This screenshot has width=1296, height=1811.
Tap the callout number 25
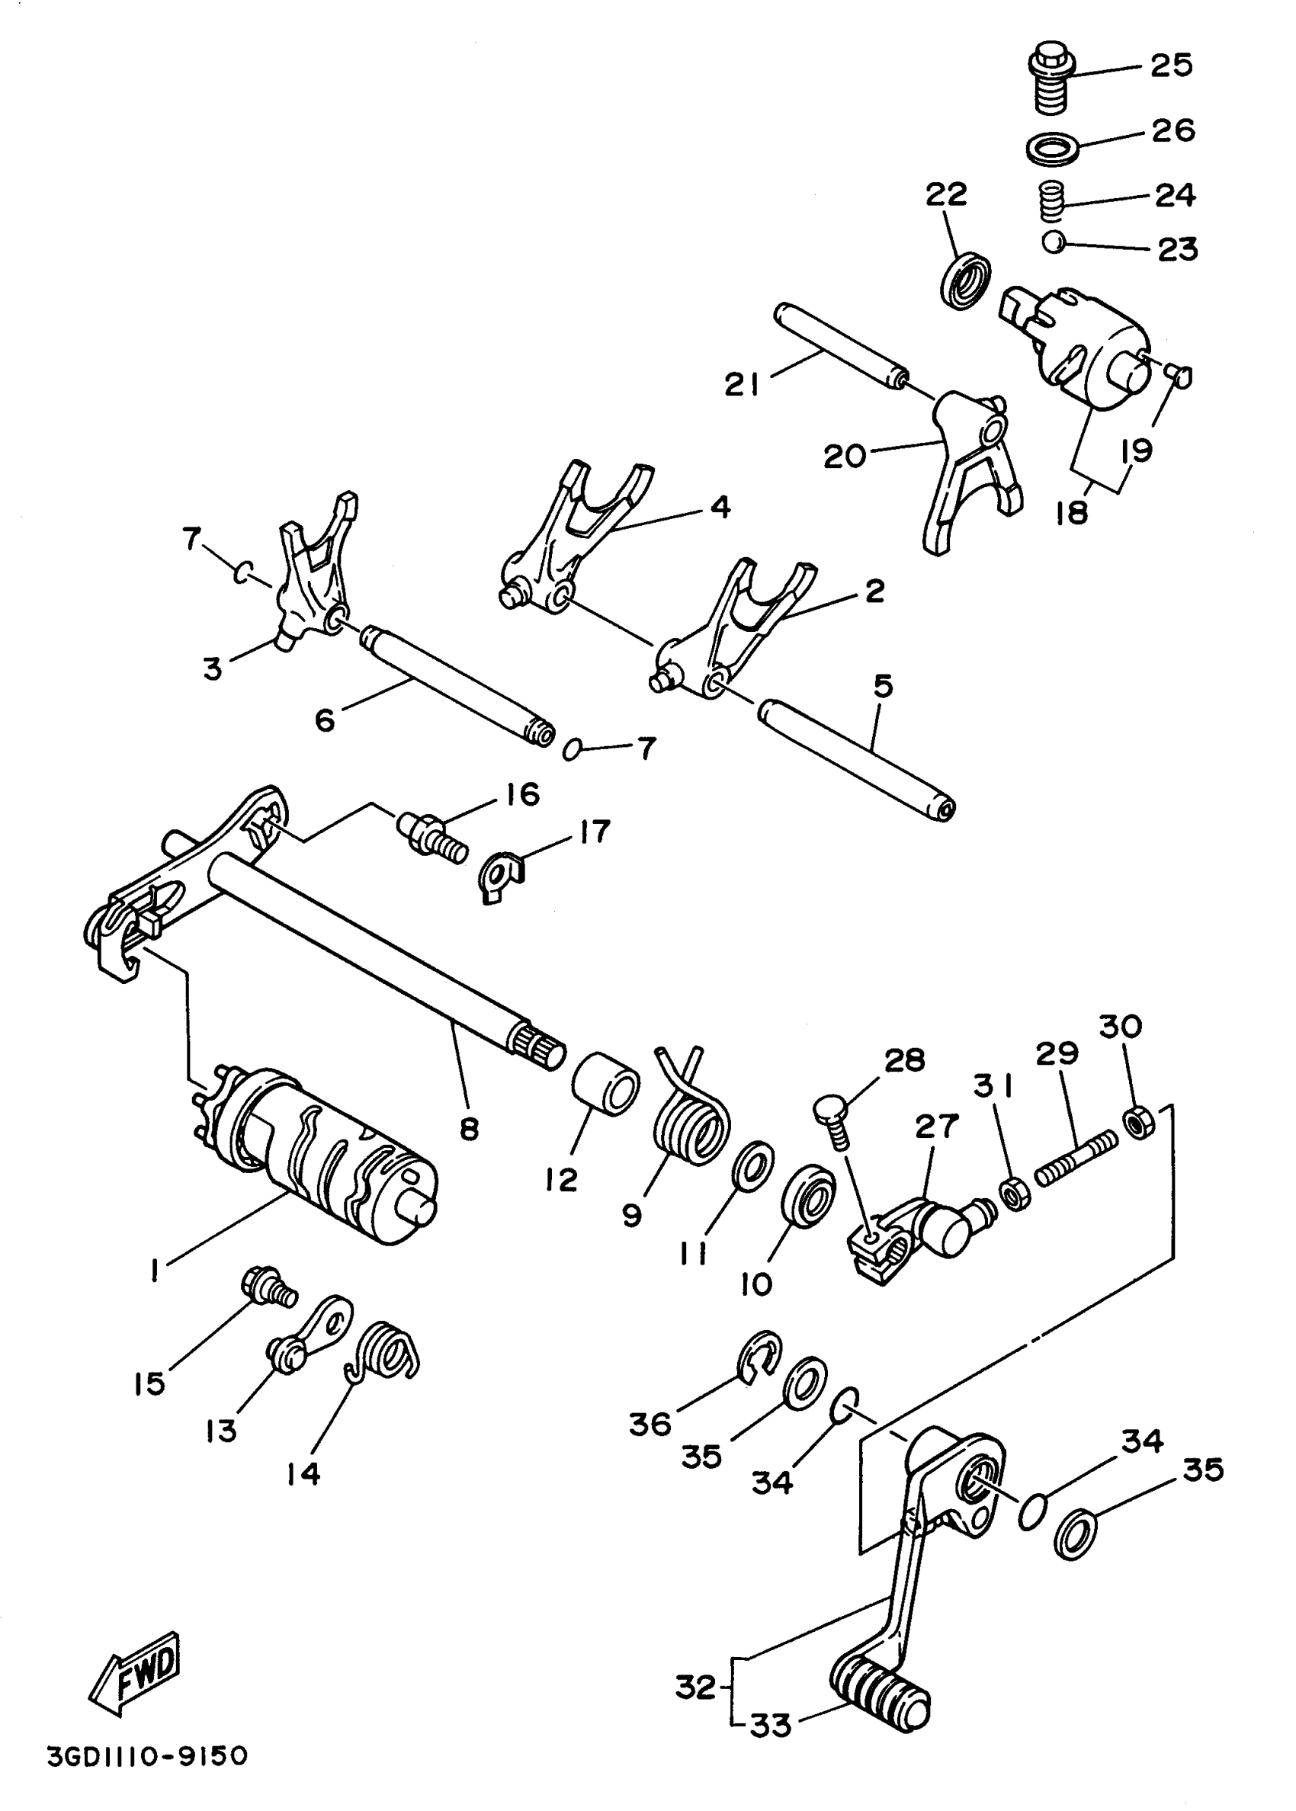pos(1172,65)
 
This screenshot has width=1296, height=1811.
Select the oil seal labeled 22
pos(967,280)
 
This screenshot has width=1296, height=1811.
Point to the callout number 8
pos(470,1128)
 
